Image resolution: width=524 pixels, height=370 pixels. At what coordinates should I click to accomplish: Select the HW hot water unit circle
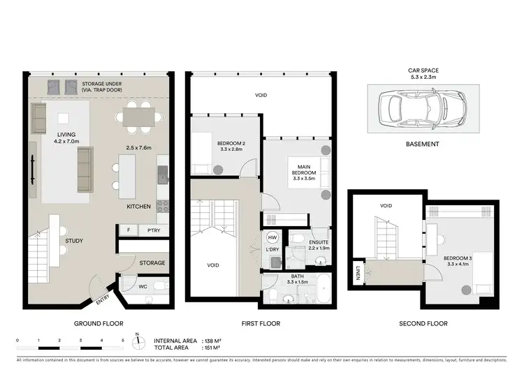pyautogui.click(x=271, y=237)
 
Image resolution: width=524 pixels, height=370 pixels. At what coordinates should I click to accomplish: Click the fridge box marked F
pyautogui.click(x=128, y=230)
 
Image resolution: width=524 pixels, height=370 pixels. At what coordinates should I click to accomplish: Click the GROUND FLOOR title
pyautogui.click(x=99, y=324)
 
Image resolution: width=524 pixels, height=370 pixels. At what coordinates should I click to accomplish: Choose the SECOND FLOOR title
pyautogui.click(x=424, y=324)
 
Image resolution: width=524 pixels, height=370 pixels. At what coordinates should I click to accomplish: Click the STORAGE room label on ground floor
pyautogui.click(x=152, y=262)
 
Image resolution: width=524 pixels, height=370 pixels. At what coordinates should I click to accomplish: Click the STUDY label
pyautogui.click(x=74, y=241)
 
